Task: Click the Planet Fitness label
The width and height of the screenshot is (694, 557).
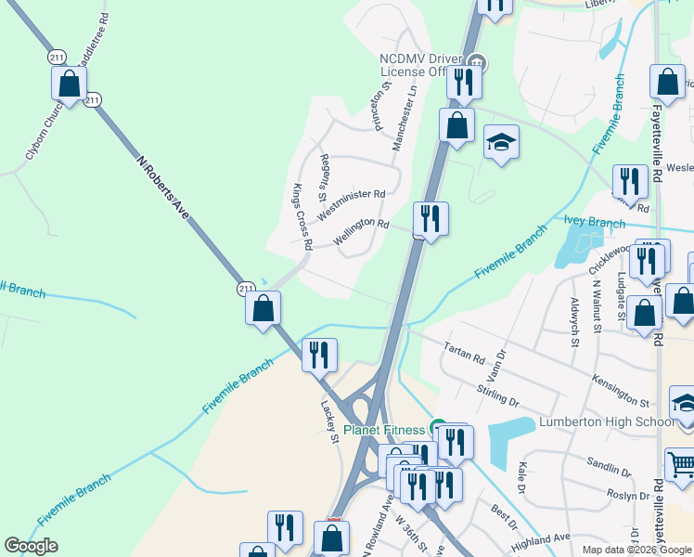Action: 386,430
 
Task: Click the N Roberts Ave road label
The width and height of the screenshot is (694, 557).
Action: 162,187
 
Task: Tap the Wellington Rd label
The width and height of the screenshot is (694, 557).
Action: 361,230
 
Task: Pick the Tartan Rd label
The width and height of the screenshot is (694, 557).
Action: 465,353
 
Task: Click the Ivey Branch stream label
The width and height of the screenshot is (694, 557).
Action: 595,223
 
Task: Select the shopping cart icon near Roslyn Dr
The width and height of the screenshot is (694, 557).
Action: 680,462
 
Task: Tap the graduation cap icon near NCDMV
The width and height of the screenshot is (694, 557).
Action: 501,142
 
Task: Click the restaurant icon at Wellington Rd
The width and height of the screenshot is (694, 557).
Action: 431,219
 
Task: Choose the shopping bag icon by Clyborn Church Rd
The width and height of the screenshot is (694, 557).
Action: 70,84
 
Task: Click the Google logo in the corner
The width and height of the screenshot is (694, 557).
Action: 31,546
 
